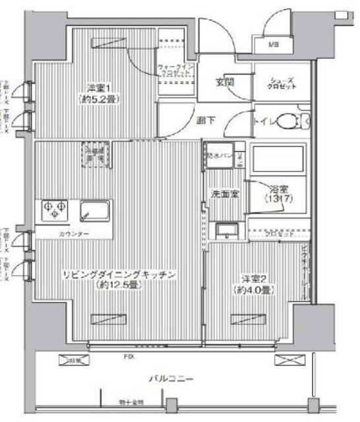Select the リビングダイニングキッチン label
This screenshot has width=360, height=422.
pyautogui.click(x=119, y=274)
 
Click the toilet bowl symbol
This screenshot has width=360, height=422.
pyautogui.click(x=287, y=122)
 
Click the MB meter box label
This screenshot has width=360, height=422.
pyautogui.click(x=273, y=45)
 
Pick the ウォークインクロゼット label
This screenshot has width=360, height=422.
pyautogui.click(x=176, y=71)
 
